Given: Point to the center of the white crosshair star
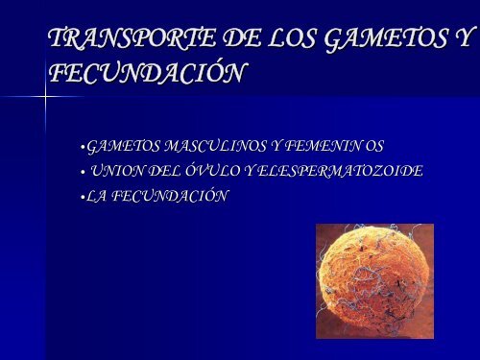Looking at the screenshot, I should [46, 97].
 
